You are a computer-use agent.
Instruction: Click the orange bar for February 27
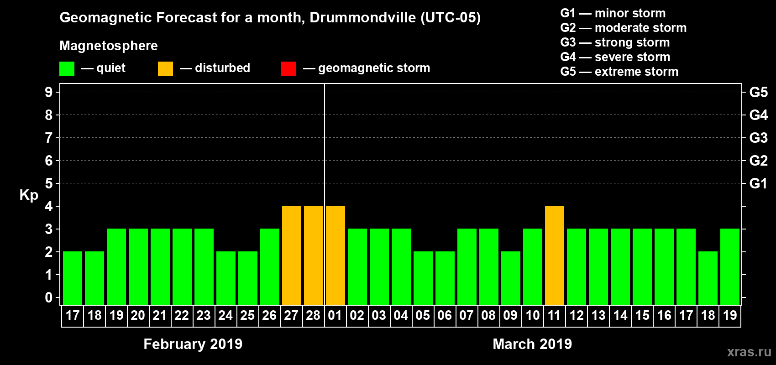(x=292, y=255)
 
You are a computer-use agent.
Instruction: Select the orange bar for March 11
(x=555, y=255)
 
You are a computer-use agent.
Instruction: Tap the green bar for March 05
(x=423, y=278)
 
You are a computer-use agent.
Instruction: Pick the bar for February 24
(x=226, y=278)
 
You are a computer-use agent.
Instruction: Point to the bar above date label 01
(x=336, y=255)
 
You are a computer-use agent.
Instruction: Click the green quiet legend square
(x=67, y=69)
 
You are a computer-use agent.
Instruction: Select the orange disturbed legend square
(x=165, y=69)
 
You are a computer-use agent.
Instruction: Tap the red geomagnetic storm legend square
(x=288, y=69)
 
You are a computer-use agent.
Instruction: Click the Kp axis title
(x=29, y=195)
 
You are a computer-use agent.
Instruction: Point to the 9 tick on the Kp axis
(x=49, y=92)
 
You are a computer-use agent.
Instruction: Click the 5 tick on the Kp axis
(x=49, y=183)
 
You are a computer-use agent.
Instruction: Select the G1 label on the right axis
(x=758, y=183)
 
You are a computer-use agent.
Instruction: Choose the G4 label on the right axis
(x=758, y=115)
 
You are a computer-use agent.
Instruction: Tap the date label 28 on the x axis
(x=313, y=315)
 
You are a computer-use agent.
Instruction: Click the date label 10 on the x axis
(x=532, y=315)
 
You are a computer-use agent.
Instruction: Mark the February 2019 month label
(x=193, y=344)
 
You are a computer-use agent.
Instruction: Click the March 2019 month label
(x=532, y=344)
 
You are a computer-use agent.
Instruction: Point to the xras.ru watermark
(x=749, y=352)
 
